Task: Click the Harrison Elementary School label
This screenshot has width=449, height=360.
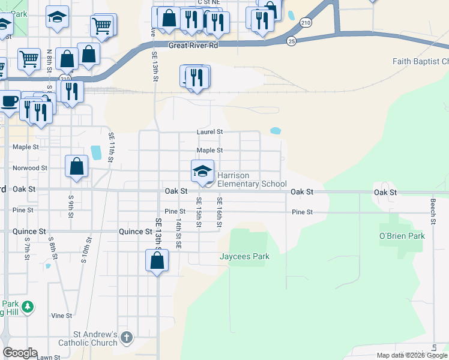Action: (252, 179)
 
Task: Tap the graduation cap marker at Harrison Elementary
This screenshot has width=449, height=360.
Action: (202, 171)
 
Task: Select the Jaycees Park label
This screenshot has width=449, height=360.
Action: (244, 257)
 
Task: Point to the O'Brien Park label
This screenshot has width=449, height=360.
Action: (402, 236)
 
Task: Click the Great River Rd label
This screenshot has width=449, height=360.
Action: (193, 45)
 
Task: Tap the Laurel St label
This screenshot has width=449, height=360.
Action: (210, 132)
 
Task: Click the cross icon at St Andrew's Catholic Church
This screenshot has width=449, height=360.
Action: (126, 338)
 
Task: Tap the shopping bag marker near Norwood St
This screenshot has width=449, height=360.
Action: (77, 167)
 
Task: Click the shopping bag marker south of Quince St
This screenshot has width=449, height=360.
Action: (157, 260)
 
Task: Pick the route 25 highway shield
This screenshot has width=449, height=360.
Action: (291, 41)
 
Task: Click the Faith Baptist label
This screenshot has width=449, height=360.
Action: (420, 61)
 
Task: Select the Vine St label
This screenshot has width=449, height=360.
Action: (61, 315)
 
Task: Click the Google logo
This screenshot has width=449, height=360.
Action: (20, 353)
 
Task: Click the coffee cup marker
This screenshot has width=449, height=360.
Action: (10, 101)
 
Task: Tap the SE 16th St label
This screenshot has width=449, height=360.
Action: (220, 213)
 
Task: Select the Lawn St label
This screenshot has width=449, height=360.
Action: (49, 358)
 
